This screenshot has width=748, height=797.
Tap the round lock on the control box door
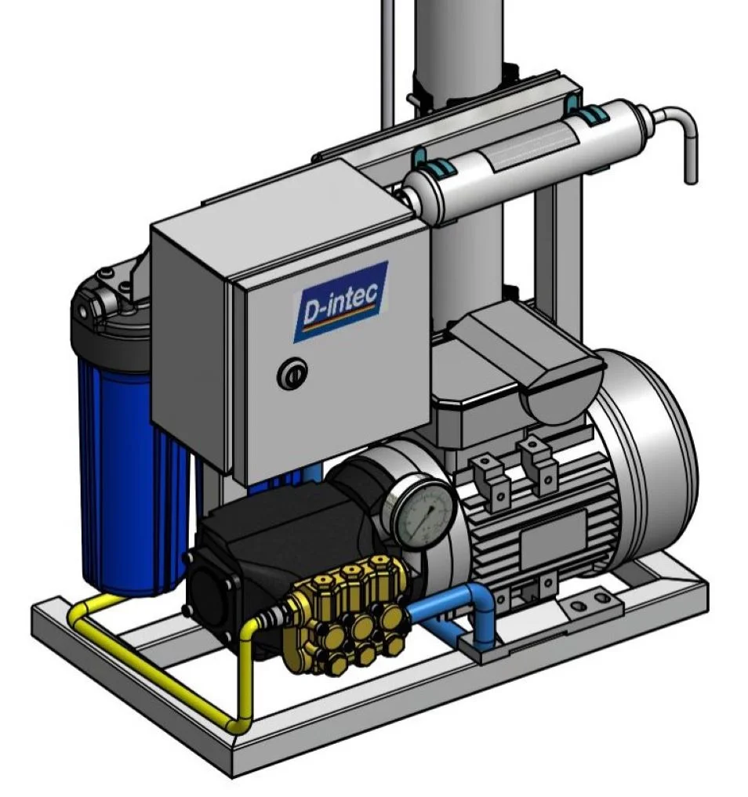[x=292, y=375]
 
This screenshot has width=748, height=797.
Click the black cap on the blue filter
[x=109, y=313]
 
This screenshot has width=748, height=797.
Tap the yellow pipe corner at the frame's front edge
[x=237, y=725]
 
